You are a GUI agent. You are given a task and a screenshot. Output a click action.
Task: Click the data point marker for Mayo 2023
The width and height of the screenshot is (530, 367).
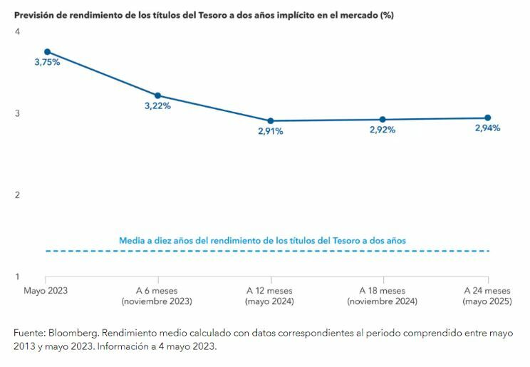(x=47, y=52)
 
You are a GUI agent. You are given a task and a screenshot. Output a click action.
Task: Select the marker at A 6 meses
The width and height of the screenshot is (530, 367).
(x=157, y=95)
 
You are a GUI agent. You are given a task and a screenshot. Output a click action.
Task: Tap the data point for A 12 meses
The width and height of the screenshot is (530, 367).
(x=270, y=121)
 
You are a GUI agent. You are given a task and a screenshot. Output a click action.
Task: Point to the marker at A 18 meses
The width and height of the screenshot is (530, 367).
(x=383, y=120)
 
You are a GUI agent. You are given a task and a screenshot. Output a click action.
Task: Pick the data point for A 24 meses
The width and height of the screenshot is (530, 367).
(x=487, y=118)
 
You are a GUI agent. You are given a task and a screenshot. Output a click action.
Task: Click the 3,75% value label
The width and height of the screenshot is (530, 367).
(x=47, y=63)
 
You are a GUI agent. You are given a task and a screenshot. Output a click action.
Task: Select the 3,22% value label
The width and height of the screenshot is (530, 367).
(x=157, y=106)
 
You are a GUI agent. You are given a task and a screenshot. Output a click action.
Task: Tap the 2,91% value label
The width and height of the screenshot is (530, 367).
(x=270, y=131)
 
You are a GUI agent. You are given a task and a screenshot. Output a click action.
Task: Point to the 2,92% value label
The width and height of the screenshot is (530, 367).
(x=383, y=130)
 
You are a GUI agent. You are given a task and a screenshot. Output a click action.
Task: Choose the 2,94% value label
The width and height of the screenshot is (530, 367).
(x=487, y=128)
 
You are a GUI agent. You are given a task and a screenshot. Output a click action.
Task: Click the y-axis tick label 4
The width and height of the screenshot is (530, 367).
(x=17, y=32)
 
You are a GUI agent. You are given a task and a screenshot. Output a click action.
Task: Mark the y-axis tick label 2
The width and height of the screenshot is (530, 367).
(x=17, y=195)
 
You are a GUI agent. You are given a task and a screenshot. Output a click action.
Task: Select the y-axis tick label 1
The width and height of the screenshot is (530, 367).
(x=17, y=276)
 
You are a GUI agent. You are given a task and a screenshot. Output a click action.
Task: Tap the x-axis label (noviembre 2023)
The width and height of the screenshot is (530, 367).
(x=157, y=301)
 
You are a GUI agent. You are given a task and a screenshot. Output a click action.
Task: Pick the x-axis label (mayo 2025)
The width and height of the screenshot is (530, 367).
(x=487, y=301)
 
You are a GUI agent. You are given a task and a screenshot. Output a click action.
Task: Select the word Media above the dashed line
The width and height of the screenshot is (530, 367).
(x=132, y=241)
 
